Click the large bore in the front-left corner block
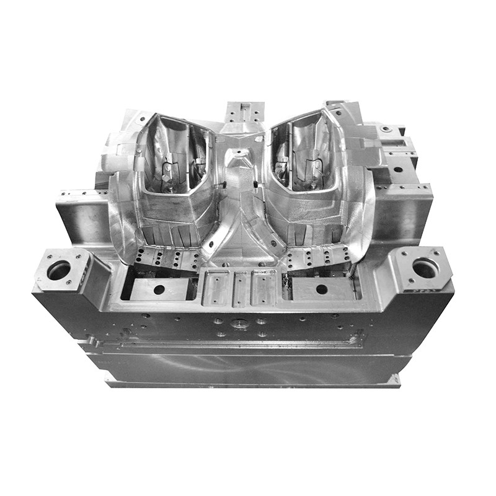59,270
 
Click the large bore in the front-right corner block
425,268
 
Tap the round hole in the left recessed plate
159,290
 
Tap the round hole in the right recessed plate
322,289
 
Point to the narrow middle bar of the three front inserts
240,288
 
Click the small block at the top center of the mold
244,112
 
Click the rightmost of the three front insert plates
263,287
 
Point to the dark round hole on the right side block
397,169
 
